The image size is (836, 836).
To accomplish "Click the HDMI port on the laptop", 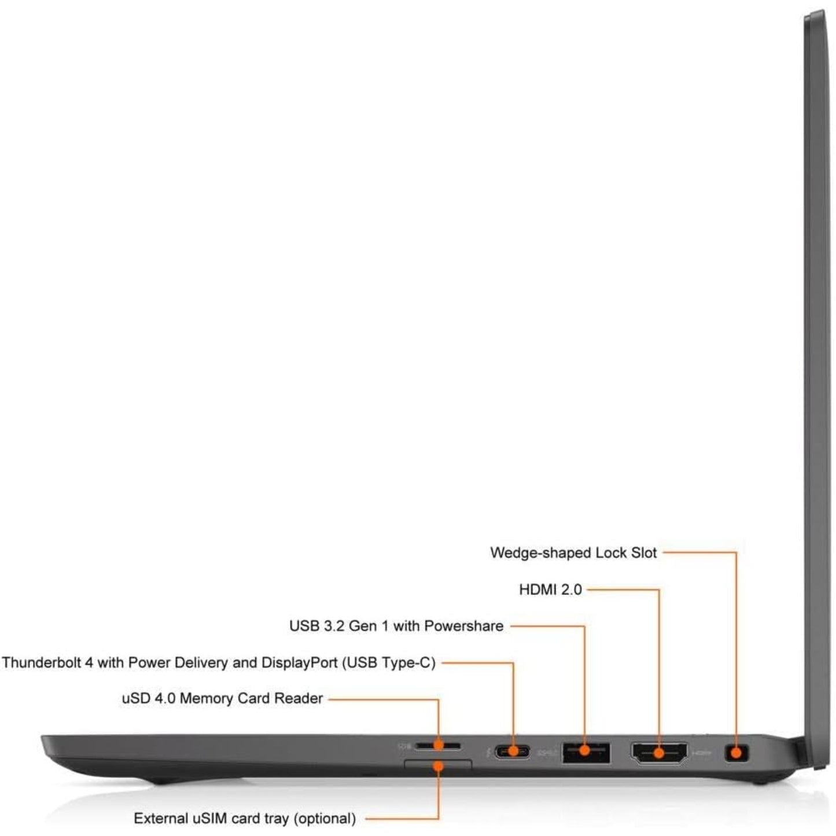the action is tap(658, 753).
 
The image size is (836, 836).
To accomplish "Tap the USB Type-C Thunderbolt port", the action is tap(513, 751).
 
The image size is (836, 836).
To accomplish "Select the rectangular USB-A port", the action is tap(585, 752).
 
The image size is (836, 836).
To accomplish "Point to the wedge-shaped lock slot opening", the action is tap(736, 752).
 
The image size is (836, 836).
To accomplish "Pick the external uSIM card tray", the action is tap(438, 764).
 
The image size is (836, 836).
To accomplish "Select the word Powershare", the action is tap(463, 626).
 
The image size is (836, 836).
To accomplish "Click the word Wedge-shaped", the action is tap(540, 553).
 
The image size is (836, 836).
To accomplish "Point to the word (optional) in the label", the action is tap(325, 819).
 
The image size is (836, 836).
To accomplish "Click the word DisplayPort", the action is tap(299, 663).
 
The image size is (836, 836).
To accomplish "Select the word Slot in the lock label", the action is tap(644, 553).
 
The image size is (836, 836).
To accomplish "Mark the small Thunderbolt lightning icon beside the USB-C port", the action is tap(488, 752).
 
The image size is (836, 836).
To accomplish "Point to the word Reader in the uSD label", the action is tap(299, 698).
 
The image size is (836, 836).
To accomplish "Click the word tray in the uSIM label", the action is tap(276, 819).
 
